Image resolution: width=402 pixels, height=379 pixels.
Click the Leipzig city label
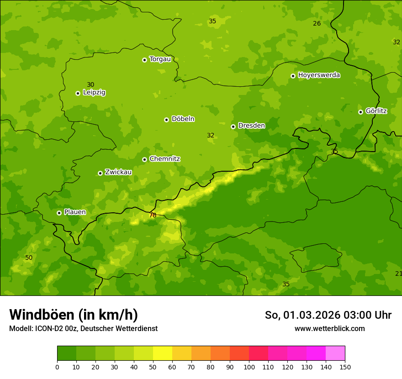tap(94, 92)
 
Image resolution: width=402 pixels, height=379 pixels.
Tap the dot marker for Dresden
tap(233, 126)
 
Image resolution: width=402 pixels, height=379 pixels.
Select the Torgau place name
tap(160, 59)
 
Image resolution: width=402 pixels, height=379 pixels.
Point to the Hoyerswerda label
tap(319, 75)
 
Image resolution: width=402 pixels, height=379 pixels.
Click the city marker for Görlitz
tap(360, 112)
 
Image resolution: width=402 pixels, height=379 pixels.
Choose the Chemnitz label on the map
tap(164, 159)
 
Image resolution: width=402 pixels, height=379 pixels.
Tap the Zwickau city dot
tap(100, 173)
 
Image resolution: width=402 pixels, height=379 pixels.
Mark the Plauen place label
tap(75, 212)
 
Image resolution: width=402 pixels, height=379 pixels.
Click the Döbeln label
tap(183, 119)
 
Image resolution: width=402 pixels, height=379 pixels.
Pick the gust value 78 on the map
tap(153, 215)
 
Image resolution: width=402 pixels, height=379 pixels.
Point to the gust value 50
tap(29, 258)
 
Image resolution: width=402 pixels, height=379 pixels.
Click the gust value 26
tap(317, 23)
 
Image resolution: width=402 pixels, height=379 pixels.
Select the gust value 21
tap(398, 274)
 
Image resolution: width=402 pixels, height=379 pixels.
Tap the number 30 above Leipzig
tap(90, 84)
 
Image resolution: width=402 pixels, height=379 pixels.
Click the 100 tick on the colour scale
tap(249, 367)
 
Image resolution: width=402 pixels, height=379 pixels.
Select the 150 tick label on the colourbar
tap(345, 367)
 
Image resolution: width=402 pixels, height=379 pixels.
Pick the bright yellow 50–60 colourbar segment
tap(163, 353)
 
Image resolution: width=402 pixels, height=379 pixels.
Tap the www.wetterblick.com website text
tap(329, 328)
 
